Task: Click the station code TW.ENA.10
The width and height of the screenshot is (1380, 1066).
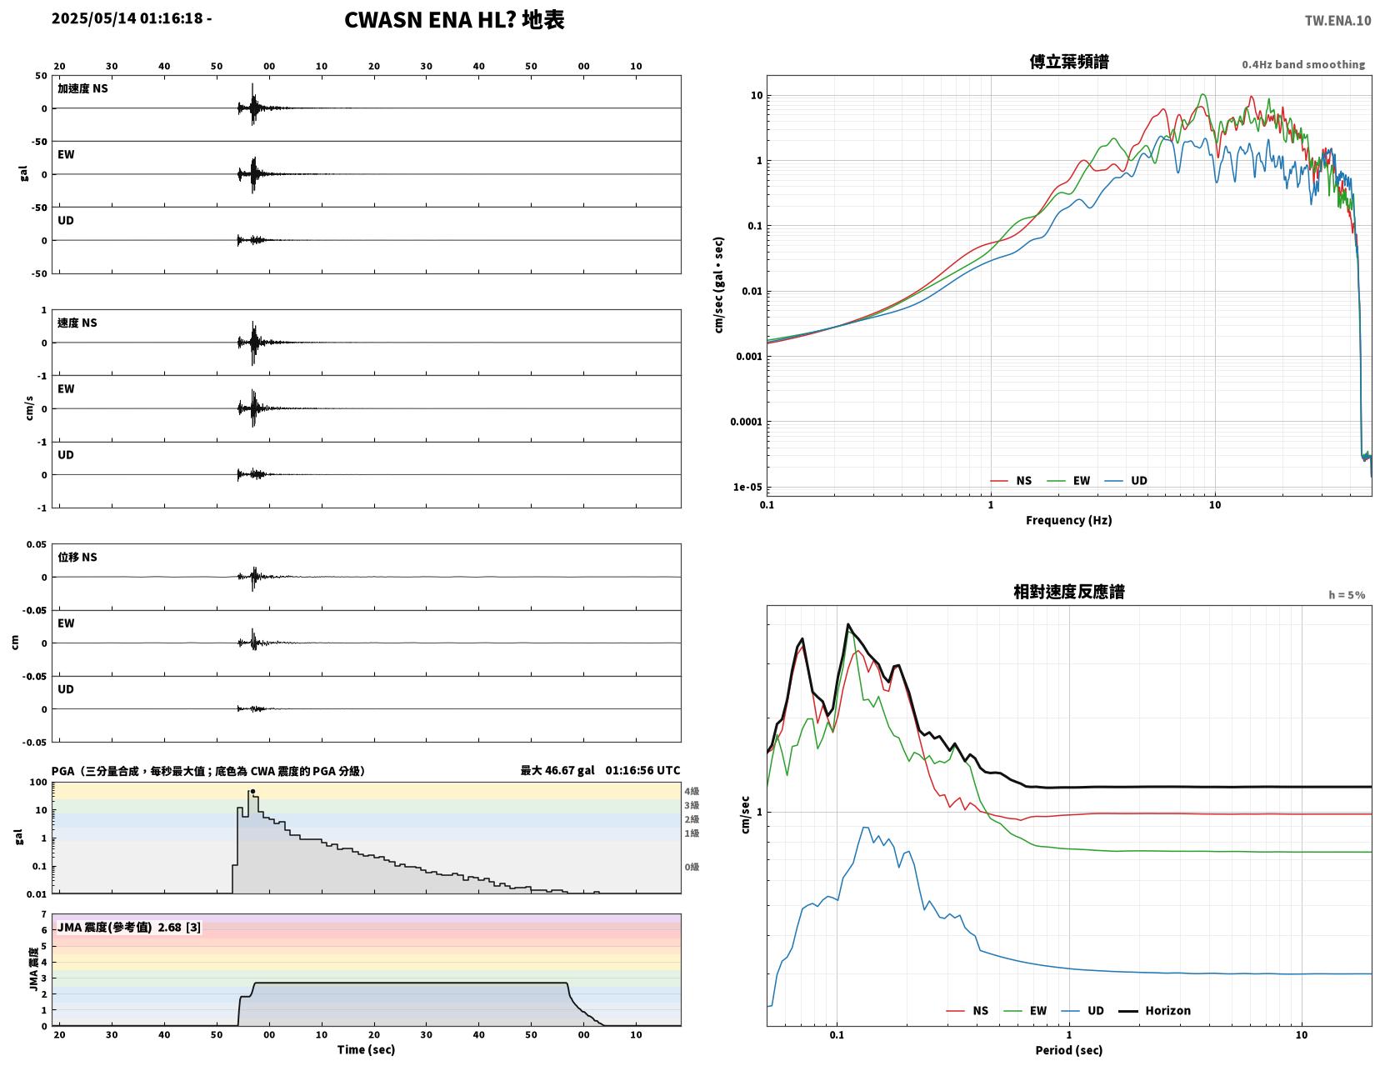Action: coord(1337,20)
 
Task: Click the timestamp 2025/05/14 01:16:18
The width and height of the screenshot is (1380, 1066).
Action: coord(127,18)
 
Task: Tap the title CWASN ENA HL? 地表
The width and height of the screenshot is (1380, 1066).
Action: coord(454,20)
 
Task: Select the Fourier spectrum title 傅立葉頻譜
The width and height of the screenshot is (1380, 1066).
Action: coord(1069,62)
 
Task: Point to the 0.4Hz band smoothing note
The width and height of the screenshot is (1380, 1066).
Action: coord(1303,64)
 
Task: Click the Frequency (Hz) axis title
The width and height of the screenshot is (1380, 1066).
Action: coord(1069,520)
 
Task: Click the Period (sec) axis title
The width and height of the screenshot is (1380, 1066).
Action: coord(1069,1050)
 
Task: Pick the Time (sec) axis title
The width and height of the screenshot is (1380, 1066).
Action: coord(366,1049)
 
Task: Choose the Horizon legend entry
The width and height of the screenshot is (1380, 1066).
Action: coord(1154,1011)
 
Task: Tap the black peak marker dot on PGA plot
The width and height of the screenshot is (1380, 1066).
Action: coord(252,792)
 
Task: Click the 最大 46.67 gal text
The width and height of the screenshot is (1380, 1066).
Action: coord(557,771)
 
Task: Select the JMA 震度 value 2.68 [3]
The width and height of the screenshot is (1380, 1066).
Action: coord(179,928)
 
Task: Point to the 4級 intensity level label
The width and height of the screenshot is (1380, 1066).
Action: coord(692,791)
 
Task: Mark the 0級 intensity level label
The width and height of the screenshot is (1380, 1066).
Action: coord(692,867)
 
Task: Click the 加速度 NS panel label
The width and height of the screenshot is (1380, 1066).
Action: coord(82,88)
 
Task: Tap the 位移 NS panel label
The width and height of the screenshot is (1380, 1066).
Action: coord(77,557)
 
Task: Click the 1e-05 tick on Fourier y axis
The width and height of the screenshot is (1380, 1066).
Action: coord(747,487)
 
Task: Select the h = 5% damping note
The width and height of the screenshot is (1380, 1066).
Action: coord(1347,595)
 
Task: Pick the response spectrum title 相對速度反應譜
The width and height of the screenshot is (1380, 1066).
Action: coord(1069,592)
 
